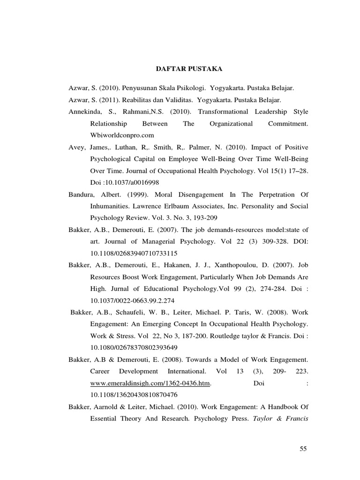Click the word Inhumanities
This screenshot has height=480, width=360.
point(111,206)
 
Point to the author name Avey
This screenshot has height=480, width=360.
point(76,147)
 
